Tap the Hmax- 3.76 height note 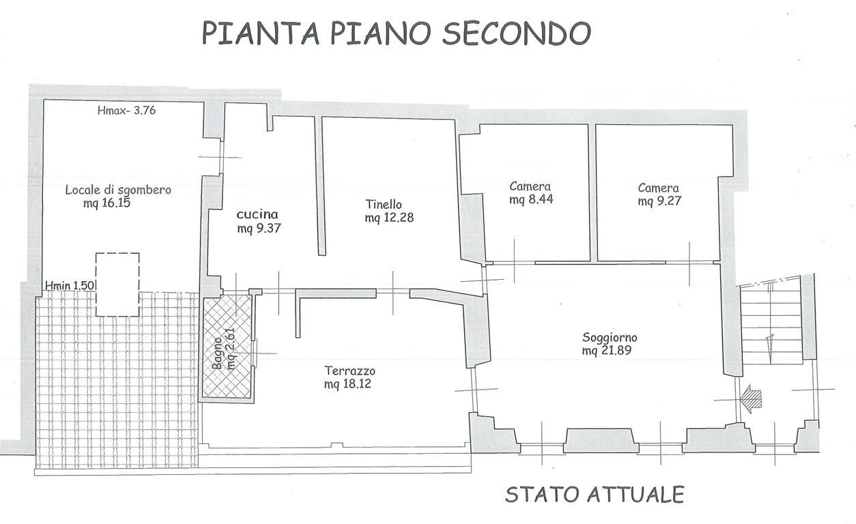pyautogui.click(x=127, y=110)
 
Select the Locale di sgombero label pyautogui.click(x=118, y=190)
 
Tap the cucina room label pyautogui.click(x=259, y=214)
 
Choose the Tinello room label pyautogui.click(x=384, y=204)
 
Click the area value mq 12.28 pyautogui.click(x=389, y=218)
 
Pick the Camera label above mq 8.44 pyautogui.click(x=530, y=186)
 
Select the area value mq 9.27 pyautogui.click(x=659, y=201)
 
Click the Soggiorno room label pyautogui.click(x=610, y=337)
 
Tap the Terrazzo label pyautogui.click(x=349, y=370)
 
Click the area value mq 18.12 pyautogui.click(x=349, y=384)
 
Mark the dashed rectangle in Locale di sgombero pyautogui.click(x=117, y=284)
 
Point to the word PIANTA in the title pyautogui.click(x=250, y=32)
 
